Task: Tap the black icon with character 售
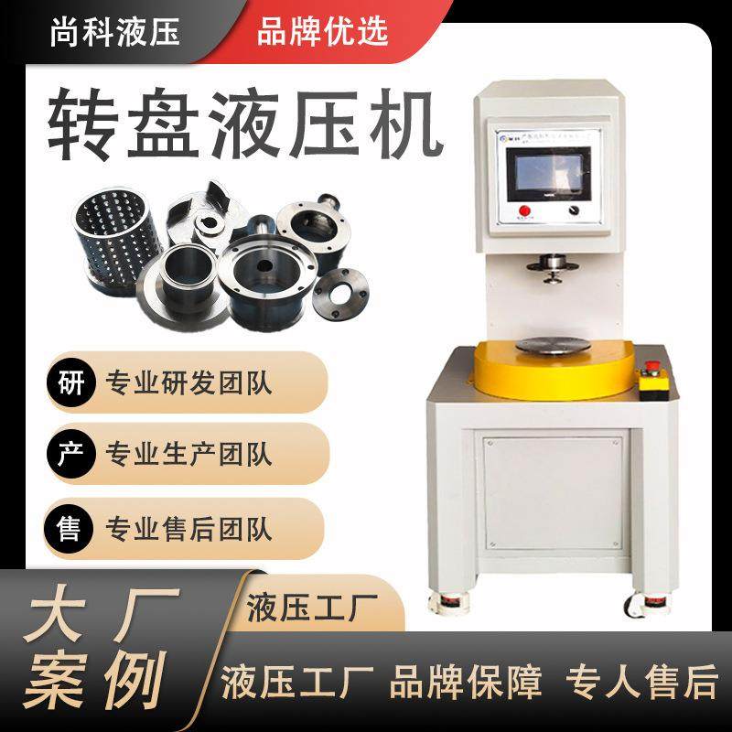[x=69, y=529]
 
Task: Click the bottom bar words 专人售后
[x=641, y=683]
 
